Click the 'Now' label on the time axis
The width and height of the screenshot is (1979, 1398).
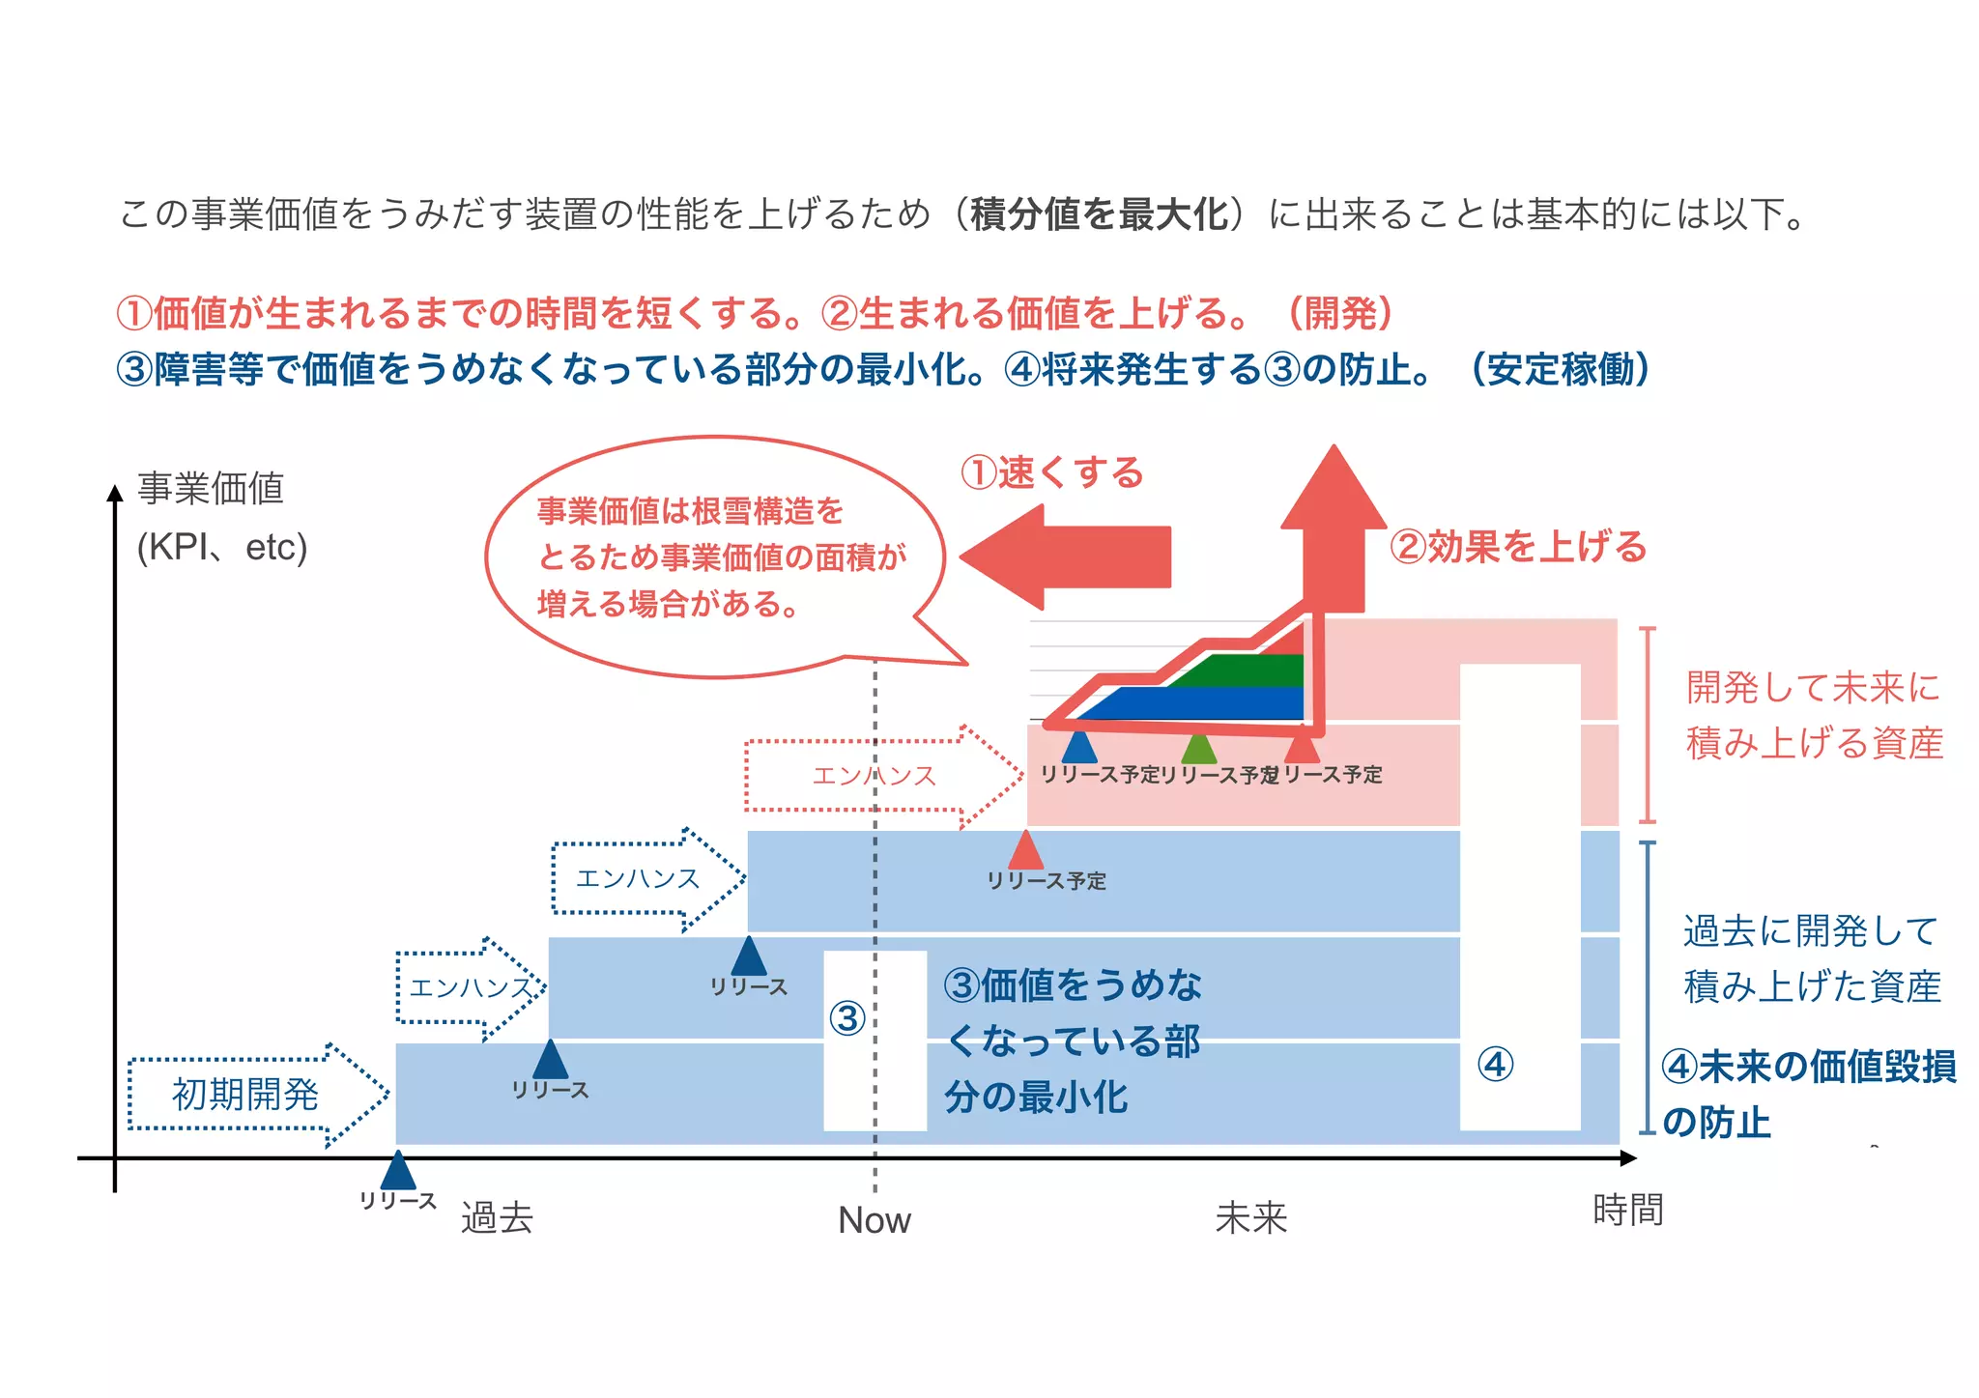(x=874, y=1220)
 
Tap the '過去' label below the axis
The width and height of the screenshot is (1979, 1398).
(x=497, y=1217)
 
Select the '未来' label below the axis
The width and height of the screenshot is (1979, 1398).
(x=1250, y=1217)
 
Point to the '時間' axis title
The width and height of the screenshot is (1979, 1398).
(x=1628, y=1210)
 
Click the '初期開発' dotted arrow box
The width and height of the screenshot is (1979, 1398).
(x=245, y=1095)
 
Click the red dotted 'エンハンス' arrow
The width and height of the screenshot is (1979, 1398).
(x=874, y=776)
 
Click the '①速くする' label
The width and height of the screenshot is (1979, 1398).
(x=1051, y=472)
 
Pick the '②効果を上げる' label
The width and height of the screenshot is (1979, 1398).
(x=1517, y=547)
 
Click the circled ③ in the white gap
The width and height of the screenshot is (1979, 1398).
(x=847, y=1017)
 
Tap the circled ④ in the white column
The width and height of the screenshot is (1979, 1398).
(x=1495, y=1065)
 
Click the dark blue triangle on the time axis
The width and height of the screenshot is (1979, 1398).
(x=398, y=1172)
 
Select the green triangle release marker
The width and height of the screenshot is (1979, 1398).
(x=1198, y=750)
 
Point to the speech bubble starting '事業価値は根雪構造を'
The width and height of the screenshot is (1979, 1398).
(x=715, y=557)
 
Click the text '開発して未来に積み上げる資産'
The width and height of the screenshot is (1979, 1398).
(x=1814, y=715)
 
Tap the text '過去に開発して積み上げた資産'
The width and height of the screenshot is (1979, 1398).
(x=1812, y=958)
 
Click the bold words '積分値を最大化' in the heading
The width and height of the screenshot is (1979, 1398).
(x=1099, y=214)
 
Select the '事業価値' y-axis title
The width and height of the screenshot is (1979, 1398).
(x=211, y=488)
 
